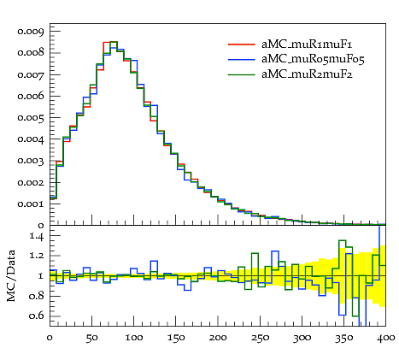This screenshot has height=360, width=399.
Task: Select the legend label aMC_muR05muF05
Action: (313, 59)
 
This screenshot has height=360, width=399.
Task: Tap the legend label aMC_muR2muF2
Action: (307, 74)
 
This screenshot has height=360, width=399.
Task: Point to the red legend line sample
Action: (241, 44)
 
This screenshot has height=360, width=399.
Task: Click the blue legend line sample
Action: (241, 59)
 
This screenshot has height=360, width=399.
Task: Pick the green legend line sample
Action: (241, 74)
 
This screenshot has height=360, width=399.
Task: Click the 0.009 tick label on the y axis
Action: (31, 32)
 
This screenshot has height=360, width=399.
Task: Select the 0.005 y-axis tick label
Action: (31, 118)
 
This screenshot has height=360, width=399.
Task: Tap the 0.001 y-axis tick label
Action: (31, 204)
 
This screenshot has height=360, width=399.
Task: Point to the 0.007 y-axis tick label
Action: (31, 74)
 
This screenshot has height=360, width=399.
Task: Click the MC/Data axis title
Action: (11, 275)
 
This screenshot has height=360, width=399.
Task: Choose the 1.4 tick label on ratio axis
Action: (37, 237)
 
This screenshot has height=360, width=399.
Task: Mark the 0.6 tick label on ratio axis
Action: (38, 316)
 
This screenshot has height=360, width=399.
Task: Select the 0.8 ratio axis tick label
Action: (38, 296)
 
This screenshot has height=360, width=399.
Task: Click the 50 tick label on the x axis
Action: (91, 338)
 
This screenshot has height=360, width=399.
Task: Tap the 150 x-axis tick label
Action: (176, 338)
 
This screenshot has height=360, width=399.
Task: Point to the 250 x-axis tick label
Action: (260, 338)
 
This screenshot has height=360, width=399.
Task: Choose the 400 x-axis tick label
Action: (386, 338)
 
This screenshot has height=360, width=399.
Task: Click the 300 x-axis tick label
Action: (302, 338)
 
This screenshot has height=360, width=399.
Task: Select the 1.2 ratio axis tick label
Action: (37, 256)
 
